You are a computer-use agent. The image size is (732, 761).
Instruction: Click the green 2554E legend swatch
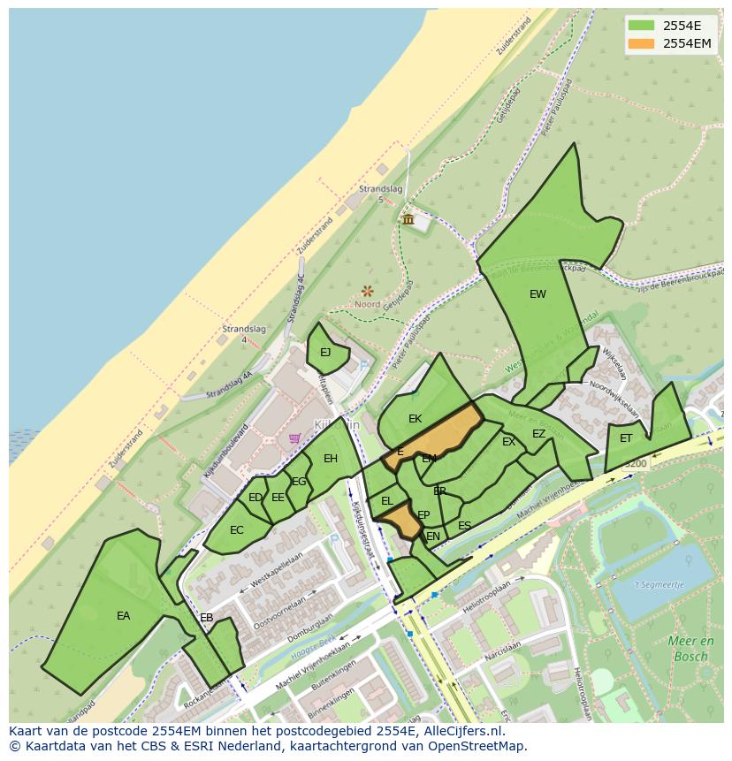click(x=642, y=25)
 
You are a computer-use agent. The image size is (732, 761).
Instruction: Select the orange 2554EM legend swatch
click(x=642, y=43)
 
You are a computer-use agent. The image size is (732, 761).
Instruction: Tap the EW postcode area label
click(x=538, y=294)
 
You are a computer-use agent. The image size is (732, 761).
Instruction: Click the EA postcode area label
click(x=123, y=616)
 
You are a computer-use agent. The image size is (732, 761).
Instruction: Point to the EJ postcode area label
click(x=325, y=352)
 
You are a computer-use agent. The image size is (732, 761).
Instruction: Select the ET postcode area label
click(x=626, y=438)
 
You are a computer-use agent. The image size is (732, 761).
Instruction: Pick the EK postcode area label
click(x=415, y=418)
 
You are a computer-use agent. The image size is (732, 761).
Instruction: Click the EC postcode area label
click(x=236, y=530)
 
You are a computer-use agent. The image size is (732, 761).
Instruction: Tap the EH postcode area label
click(x=331, y=458)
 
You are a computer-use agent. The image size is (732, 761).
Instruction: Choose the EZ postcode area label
click(x=538, y=434)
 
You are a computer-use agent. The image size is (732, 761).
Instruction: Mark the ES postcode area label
click(x=464, y=526)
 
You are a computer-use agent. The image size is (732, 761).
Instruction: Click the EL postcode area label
click(x=386, y=501)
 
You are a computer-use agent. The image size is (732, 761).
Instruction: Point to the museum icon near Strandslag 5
click(x=408, y=219)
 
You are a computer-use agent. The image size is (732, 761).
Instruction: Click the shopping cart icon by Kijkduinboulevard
click(x=294, y=438)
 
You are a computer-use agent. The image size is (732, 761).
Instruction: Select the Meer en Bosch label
click(x=689, y=649)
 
